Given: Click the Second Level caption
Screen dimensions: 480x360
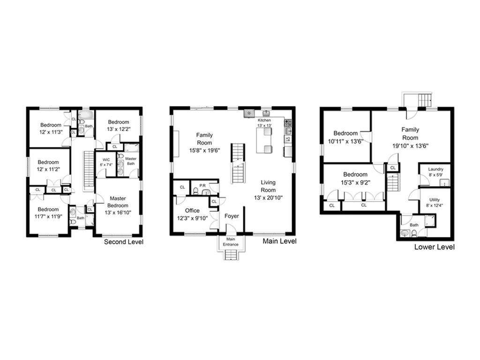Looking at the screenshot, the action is point(124,242).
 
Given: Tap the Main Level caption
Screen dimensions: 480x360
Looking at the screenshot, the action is point(279,241).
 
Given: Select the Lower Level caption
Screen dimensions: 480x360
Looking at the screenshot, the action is point(435,247).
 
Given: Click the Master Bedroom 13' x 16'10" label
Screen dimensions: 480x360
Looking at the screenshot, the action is point(118,205).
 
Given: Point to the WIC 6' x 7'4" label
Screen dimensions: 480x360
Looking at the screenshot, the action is point(106,162).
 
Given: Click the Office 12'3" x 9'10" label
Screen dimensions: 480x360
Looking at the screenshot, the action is point(192,214).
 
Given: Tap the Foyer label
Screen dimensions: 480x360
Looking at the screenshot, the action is point(232,216).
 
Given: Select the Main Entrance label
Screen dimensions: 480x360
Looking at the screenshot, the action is point(231,242).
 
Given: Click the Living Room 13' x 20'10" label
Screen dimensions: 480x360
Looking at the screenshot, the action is point(268,190).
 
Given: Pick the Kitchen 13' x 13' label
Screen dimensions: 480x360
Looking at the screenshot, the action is point(264,123).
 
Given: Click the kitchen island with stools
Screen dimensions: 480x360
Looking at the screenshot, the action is point(264,140).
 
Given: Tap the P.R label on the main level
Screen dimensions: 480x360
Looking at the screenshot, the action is point(202,186).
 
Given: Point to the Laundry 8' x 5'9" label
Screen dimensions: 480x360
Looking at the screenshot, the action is point(435,172).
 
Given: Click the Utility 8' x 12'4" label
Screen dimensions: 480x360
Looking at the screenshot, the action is point(435,202).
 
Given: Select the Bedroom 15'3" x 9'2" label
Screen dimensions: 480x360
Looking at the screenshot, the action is point(355,179).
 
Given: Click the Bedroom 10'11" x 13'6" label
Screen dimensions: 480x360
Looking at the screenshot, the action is point(345,137).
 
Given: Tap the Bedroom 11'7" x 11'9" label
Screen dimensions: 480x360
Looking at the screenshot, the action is point(48,213).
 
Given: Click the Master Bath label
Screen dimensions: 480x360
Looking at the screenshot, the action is point(131,161).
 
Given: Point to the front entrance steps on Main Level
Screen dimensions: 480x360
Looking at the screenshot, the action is point(231,255).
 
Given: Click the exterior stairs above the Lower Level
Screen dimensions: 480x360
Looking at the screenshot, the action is point(425,100).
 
